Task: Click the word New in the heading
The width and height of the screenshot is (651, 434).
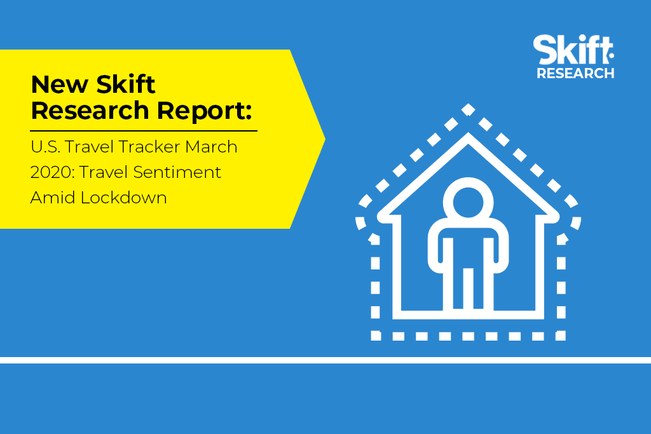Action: pos(60,85)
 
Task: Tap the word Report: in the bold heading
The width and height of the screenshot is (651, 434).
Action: pos(204,112)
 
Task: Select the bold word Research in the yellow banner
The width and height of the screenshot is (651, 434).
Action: pos(90,111)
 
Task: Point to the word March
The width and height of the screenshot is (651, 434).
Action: pos(211,147)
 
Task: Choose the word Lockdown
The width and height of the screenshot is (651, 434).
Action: pos(124,198)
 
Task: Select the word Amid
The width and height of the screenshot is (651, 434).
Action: pos(53,198)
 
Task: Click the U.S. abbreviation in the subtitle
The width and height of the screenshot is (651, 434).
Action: pos(45,147)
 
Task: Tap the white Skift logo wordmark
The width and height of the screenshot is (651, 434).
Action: pos(573,50)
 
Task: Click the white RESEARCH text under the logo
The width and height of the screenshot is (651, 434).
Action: pos(575,74)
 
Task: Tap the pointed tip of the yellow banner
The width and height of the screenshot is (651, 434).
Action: pos(324,139)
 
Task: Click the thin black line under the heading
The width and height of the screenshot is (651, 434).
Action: pos(144,131)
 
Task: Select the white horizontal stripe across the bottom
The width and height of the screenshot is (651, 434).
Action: pos(325,360)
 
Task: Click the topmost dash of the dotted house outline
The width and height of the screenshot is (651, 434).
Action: pos(469,109)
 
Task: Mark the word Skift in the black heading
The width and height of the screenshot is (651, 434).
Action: pos(127,85)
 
